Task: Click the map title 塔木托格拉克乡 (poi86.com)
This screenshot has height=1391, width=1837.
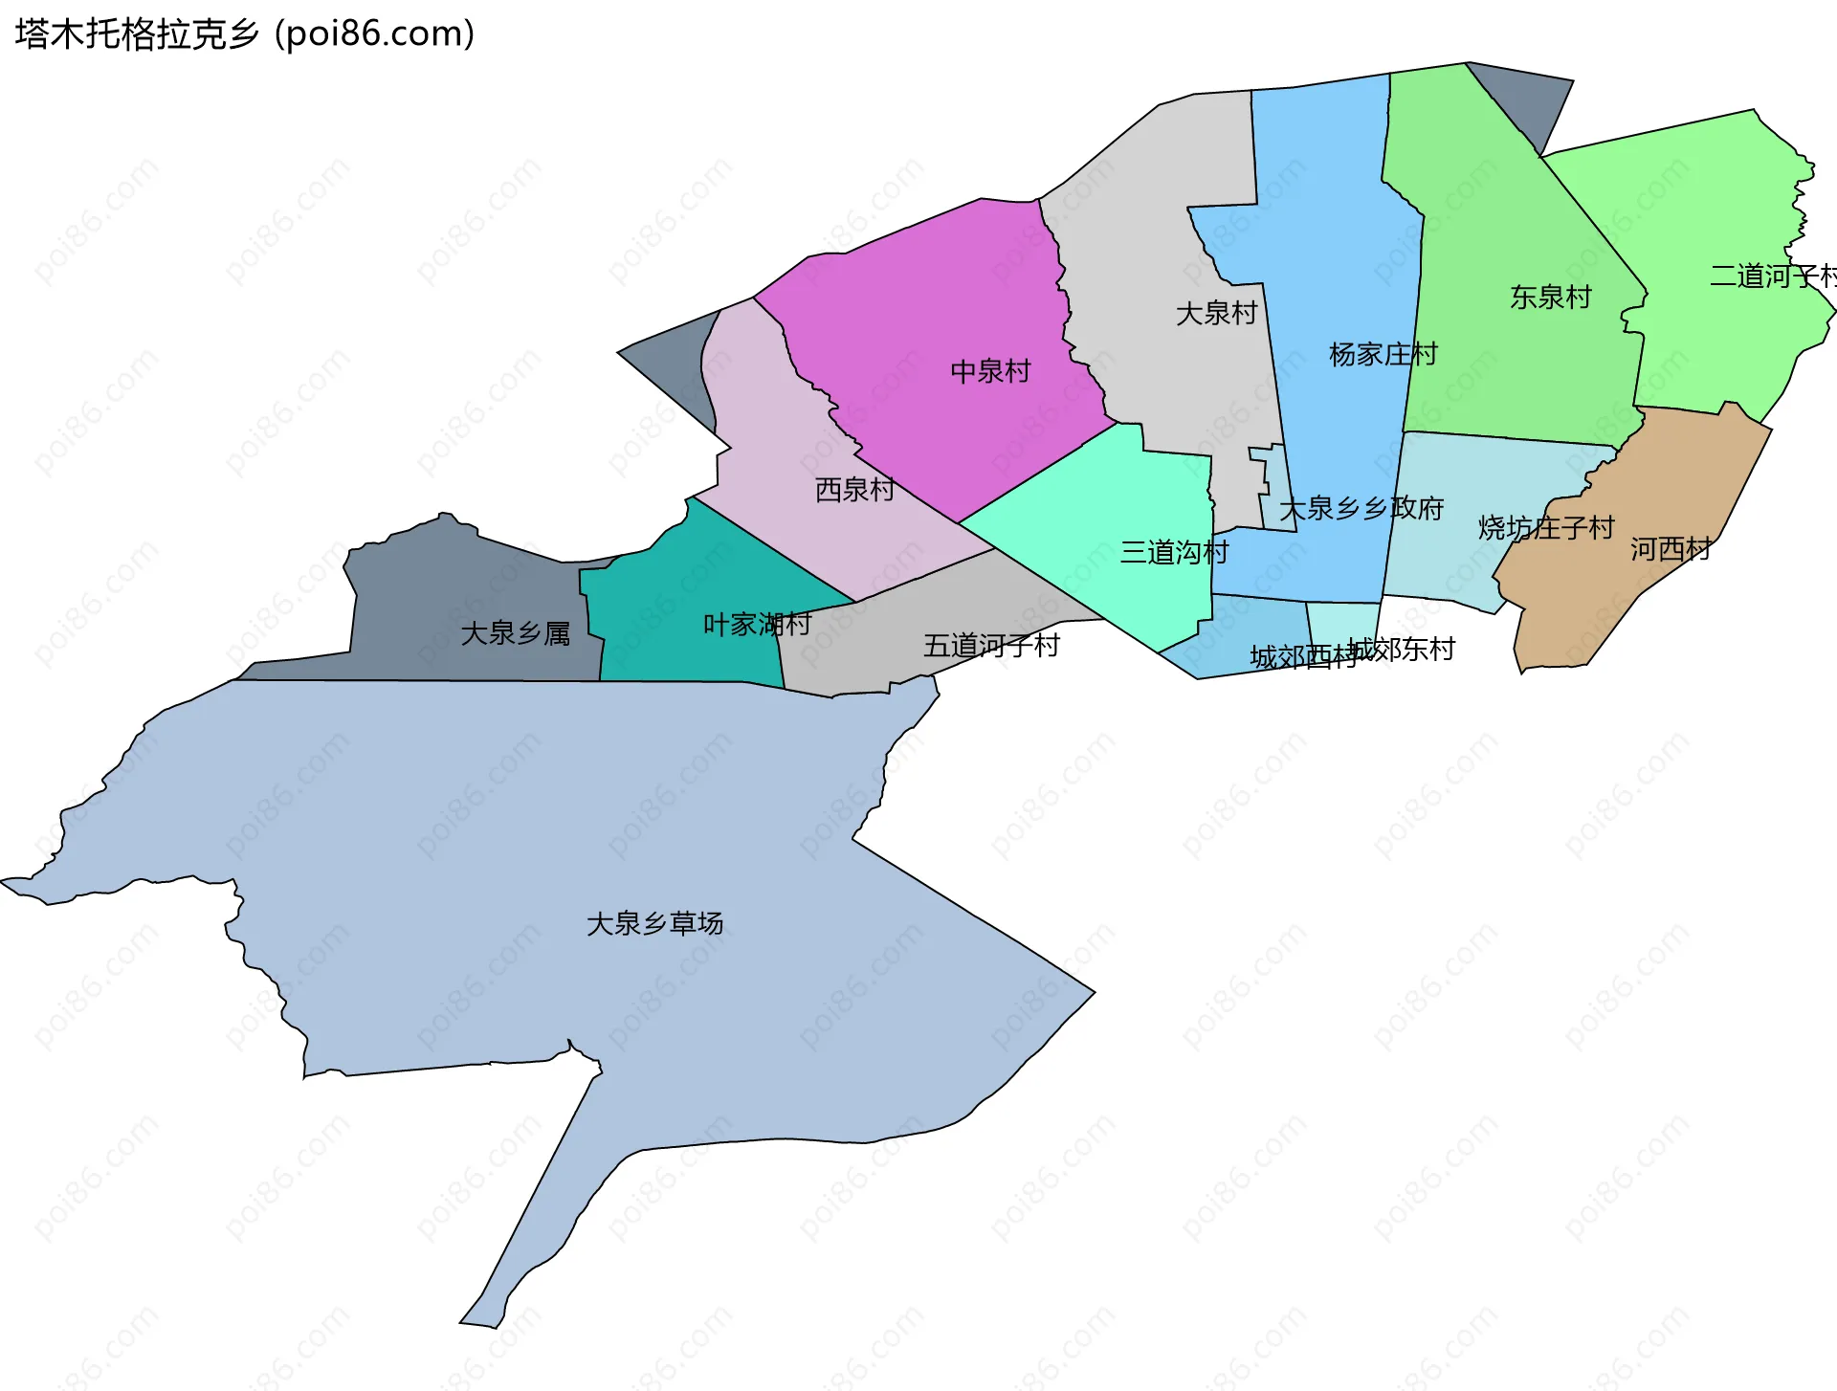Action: [x=245, y=34]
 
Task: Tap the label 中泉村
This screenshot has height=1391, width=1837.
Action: [x=990, y=371]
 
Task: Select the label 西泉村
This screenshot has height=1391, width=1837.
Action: [x=854, y=490]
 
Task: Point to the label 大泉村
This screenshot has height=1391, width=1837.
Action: [x=1216, y=313]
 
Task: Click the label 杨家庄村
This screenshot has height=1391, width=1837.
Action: [x=1383, y=355]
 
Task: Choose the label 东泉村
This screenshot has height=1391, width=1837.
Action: [x=1550, y=298]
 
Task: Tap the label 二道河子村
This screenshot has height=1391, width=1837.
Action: [x=1772, y=276]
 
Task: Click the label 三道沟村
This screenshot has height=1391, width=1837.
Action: [x=1174, y=552]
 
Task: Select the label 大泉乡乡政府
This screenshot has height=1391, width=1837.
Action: [x=1361, y=509]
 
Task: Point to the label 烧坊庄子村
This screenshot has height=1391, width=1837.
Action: [x=1545, y=527]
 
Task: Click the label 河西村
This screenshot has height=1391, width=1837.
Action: [x=1671, y=549]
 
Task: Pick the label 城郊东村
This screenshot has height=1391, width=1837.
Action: [x=1403, y=650]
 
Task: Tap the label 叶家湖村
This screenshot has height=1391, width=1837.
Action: [x=757, y=625]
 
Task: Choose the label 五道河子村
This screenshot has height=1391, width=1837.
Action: [x=991, y=646]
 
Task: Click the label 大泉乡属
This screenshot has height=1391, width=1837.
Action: [x=515, y=633]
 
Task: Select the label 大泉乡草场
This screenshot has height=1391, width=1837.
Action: [x=654, y=923]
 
